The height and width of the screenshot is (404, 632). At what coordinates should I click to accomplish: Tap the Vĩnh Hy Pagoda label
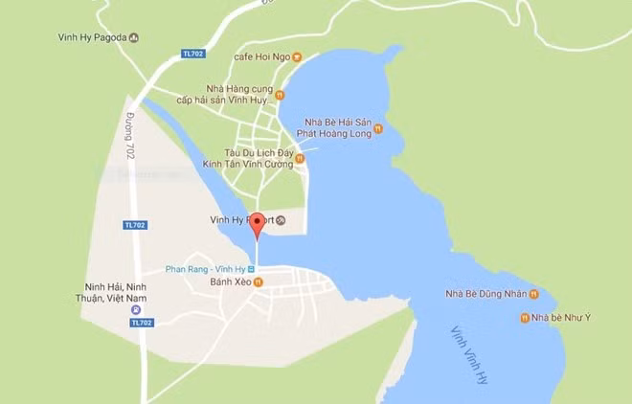93,38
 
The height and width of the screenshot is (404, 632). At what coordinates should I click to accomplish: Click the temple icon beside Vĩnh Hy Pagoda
134,38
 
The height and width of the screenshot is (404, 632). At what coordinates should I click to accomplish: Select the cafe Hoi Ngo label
260,56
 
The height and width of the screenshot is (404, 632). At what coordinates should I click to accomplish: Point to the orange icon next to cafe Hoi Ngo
297,56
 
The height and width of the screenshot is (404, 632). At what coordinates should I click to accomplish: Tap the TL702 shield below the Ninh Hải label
141,323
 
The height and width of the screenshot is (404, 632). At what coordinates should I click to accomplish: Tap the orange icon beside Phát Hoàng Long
378,130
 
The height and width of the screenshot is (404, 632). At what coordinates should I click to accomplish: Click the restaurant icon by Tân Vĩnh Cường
300,159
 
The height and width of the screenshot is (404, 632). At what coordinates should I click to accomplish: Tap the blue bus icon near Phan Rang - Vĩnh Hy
251,269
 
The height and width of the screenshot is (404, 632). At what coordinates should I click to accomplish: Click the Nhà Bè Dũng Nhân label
485,294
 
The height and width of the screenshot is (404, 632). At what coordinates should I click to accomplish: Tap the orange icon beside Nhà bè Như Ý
524,317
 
